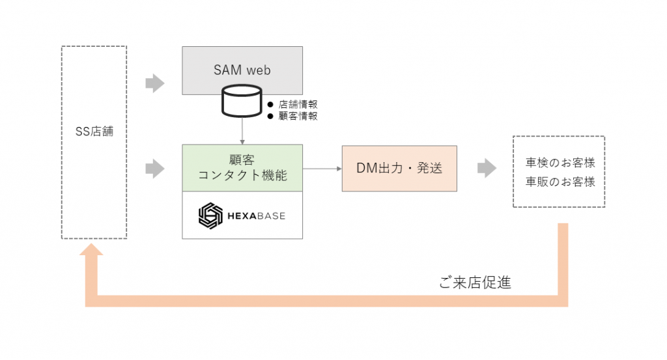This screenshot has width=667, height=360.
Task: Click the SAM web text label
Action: click(242, 70)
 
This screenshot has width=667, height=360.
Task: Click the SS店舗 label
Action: click(94, 131)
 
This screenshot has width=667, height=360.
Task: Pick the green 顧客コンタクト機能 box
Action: click(242, 168)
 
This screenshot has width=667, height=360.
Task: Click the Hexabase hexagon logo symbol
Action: click(210, 215)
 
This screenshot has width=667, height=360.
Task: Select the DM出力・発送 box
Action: click(399, 168)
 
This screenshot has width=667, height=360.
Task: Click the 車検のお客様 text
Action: click(560, 163)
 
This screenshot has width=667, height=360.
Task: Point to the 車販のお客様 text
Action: click(560, 182)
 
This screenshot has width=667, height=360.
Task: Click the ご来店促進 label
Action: click(475, 283)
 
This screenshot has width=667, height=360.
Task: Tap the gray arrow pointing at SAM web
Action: click(154, 83)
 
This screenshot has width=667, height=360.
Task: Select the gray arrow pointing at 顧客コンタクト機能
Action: click(154, 169)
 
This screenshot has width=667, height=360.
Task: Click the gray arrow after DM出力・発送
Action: click(487, 168)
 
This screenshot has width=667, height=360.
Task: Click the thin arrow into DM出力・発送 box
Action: click(322, 169)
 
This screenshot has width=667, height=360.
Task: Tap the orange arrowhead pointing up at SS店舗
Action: click(91, 253)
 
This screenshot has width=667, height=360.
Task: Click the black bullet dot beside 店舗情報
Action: click(270, 104)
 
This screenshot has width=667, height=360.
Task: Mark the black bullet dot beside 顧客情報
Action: click(270, 116)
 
